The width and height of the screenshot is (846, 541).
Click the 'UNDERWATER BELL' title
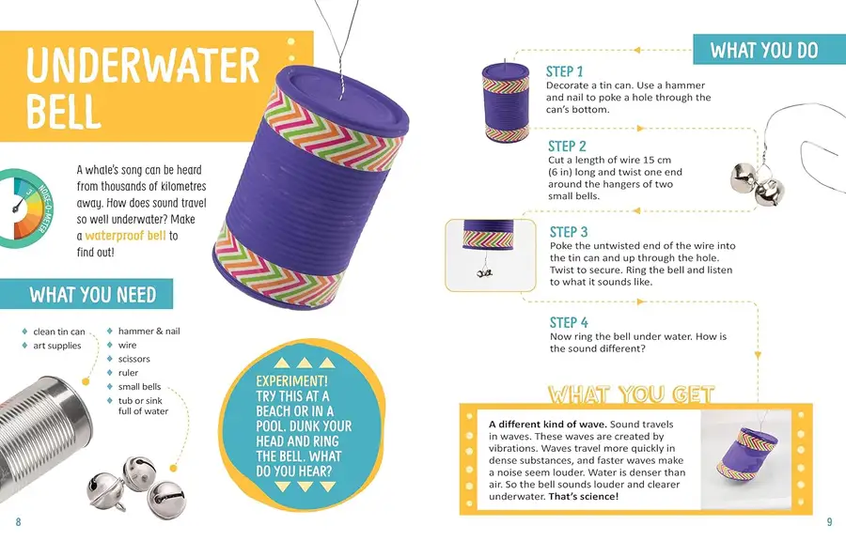143,88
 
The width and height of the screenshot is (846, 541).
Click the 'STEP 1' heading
564,71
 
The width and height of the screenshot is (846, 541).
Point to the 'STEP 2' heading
567,146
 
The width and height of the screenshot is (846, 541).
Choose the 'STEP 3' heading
569,232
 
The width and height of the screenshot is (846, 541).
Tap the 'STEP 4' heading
569,322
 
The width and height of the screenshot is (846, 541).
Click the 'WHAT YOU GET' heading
632,394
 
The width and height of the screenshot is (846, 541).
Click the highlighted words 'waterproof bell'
125,236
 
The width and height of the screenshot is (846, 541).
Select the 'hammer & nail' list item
149,331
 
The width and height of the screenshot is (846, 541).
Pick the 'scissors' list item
133,359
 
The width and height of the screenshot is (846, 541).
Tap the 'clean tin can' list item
59,332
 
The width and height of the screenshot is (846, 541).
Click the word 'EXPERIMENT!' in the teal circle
292,381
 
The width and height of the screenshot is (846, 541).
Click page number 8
19,521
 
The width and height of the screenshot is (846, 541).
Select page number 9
830,521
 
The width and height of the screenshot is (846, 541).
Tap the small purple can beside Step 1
506,101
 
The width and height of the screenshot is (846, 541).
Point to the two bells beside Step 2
758,184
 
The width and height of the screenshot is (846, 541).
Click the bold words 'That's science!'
583,496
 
